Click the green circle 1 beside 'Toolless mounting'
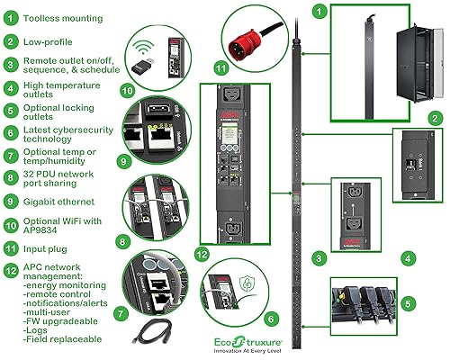tap(10, 17)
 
